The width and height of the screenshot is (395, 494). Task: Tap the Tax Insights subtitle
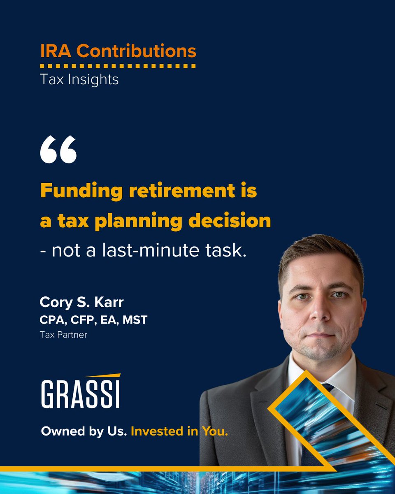[79, 79]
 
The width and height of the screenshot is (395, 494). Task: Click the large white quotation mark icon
[58, 150]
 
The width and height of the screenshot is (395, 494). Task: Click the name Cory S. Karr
[81, 303]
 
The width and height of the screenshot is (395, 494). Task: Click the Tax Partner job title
[63, 335]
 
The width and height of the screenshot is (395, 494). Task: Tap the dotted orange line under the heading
[118, 65]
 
